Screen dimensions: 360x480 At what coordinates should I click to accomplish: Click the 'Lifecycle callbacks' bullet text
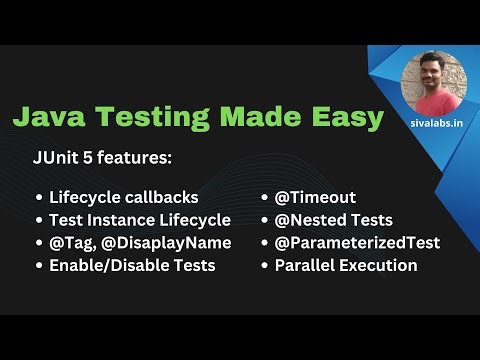[123, 197]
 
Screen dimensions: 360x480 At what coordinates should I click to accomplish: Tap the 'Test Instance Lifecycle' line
[139, 220]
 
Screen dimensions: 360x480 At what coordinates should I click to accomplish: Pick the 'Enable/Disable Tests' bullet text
[131, 266]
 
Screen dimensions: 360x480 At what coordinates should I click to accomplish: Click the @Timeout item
[315, 197]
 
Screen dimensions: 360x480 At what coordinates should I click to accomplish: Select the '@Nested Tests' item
[333, 220]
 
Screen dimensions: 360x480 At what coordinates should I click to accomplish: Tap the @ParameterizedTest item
[357, 243]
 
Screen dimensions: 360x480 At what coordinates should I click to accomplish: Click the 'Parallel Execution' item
[345, 266]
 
